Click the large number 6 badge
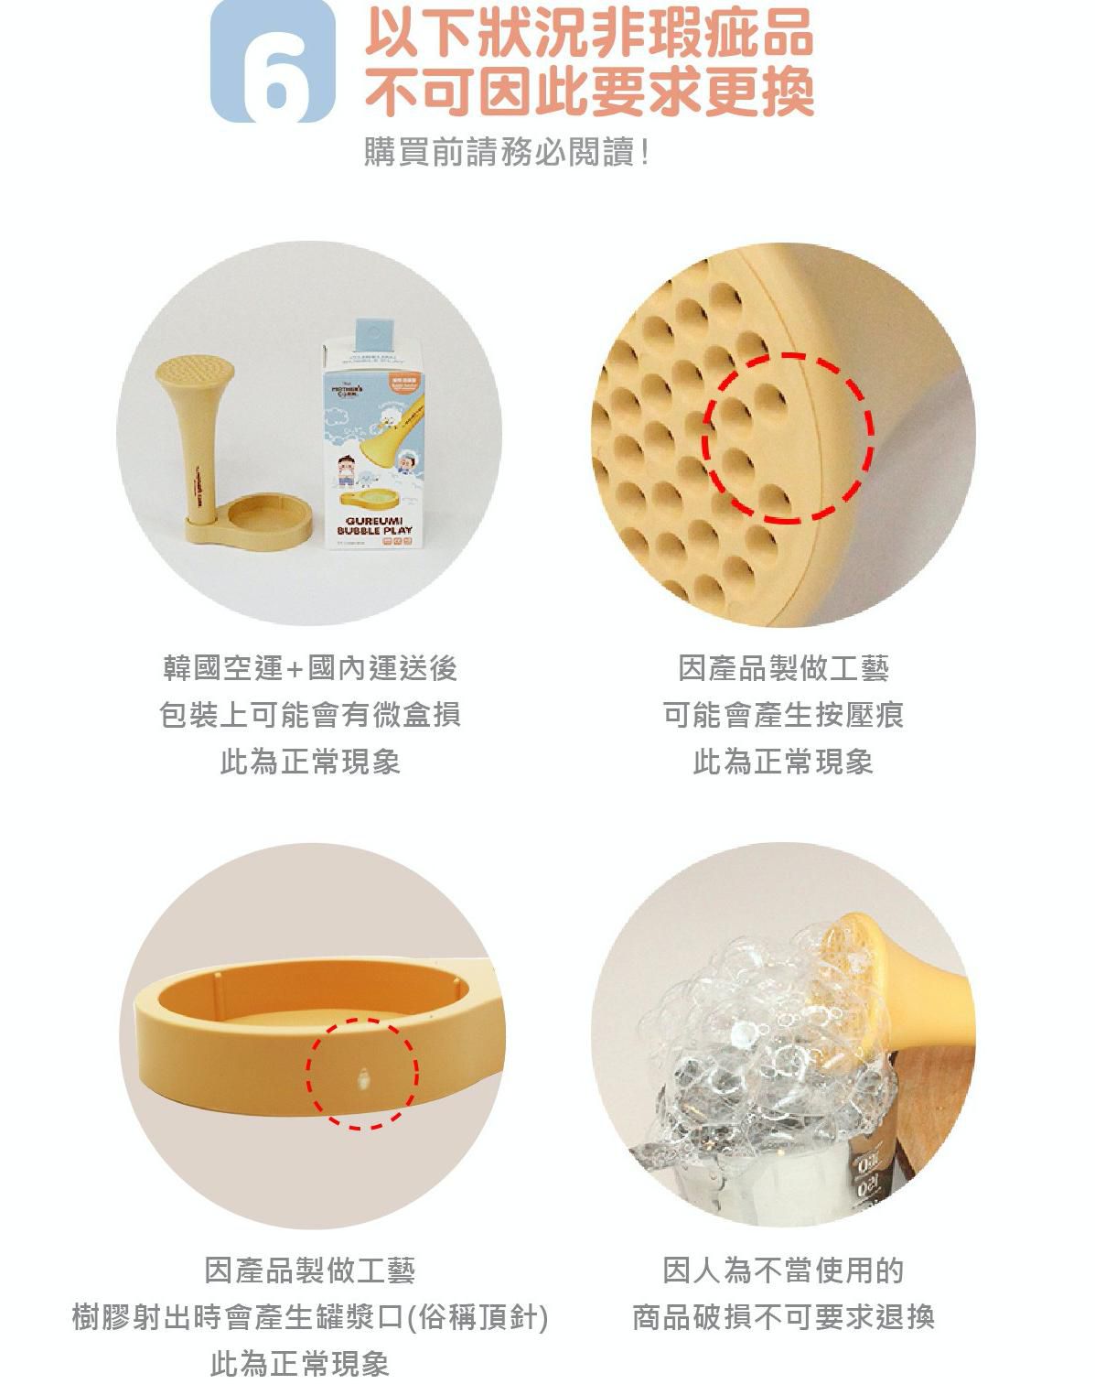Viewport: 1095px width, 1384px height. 273,62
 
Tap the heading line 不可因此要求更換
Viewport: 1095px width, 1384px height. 588,92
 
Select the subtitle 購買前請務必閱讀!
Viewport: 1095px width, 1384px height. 506,152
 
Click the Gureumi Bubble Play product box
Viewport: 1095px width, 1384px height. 370,449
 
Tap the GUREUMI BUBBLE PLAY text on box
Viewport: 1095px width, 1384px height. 373,524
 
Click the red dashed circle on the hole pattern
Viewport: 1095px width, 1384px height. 789,437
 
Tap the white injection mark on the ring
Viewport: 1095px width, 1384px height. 364,1081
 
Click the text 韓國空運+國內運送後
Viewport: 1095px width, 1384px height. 309,668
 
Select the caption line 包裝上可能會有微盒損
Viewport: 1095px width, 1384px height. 309,715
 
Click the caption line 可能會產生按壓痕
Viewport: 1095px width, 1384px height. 783,715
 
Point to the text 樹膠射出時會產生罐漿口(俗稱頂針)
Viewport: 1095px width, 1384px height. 309,1318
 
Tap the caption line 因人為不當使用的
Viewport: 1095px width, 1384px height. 783,1270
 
